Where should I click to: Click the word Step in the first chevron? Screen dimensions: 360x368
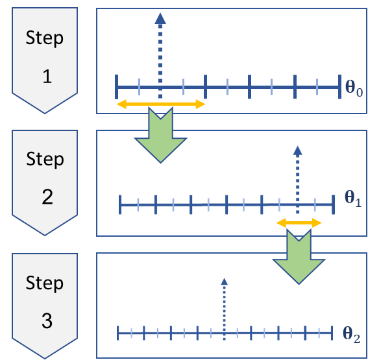pyautogui.click(x=45, y=38)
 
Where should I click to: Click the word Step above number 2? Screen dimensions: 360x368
pyautogui.click(x=45, y=160)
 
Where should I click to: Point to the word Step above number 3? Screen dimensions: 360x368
pyautogui.click(x=45, y=283)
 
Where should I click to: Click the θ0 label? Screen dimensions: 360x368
pyautogui.click(x=354, y=86)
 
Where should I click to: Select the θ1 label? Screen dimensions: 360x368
pyautogui.click(x=352, y=200)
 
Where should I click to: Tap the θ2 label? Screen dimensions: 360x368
pyautogui.click(x=350, y=333)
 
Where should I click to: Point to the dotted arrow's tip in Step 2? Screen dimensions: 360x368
pyautogui.click(x=297, y=150)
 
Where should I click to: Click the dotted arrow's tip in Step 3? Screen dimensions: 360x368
pyautogui.click(x=224, y=282)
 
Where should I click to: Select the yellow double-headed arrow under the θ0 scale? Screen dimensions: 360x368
pyautogui.click(x=160, y=104)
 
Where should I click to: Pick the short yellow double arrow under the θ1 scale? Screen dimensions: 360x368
pyautogui.click(x=299, y=222)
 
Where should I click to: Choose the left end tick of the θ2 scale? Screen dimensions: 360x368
pyautogui.click(x=118, y=333)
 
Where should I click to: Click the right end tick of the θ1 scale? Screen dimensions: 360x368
pyautogui.click(x=333, y=204)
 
